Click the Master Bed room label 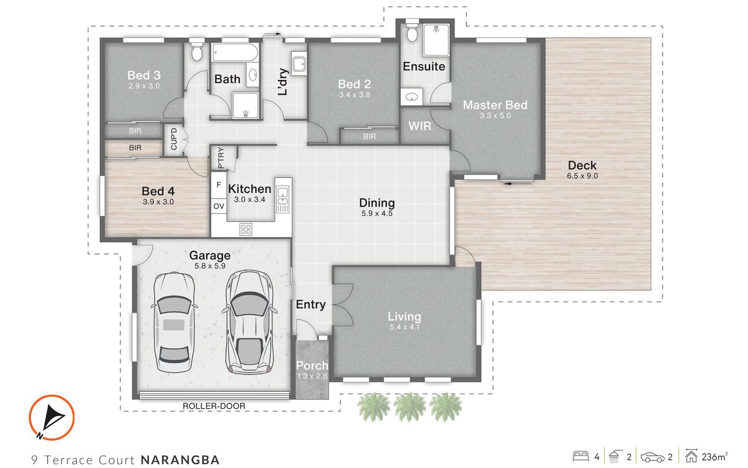click(495, 105)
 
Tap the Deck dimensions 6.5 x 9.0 click(582, 177)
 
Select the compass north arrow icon click(52, 417)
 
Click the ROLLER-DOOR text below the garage click(214, 406)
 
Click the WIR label click(420, 126)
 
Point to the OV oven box click(218, 206)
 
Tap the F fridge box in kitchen click(218, 185)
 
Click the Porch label click(312, 366)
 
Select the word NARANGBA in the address click(180, 460)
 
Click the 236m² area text click(717, 457)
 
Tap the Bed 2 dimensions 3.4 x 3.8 click(355, 95)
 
